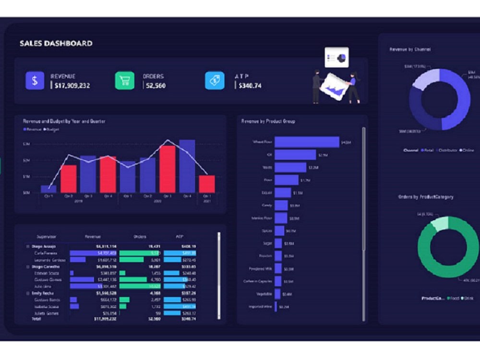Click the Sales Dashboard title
[x=56, y=44]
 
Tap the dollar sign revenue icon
[x=35, y=81]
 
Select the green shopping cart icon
[x=124, y=81]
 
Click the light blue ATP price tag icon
[x=215, y=81]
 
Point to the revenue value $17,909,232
[x=72, y=86]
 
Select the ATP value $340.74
[x=249, y=86]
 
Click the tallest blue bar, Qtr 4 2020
[x=187, y=166]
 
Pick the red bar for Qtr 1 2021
[x=207, y=183]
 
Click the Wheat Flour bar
[x=307, y=142]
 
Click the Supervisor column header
[x=46, y=237]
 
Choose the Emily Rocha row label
[x=43, y=293]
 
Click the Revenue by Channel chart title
[x=410, y=49]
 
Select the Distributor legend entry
[x=447, y=150]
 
